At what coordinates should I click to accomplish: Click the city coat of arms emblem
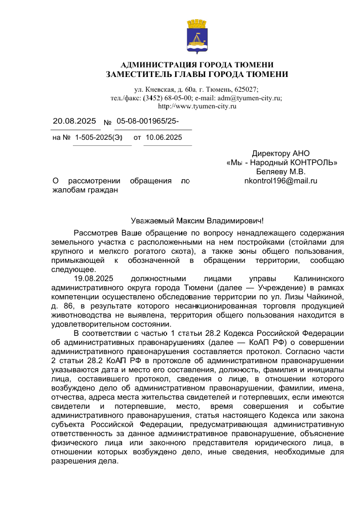(196, 36)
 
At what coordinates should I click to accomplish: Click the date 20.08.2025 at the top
(74, 121)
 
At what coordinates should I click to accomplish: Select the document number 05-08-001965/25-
(147, 121)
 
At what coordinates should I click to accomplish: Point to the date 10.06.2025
(164, 137)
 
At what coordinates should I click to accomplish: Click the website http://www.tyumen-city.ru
(197, 106)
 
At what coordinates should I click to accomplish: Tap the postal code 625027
(246, 89)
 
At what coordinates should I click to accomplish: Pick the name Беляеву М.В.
(281, 171)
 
